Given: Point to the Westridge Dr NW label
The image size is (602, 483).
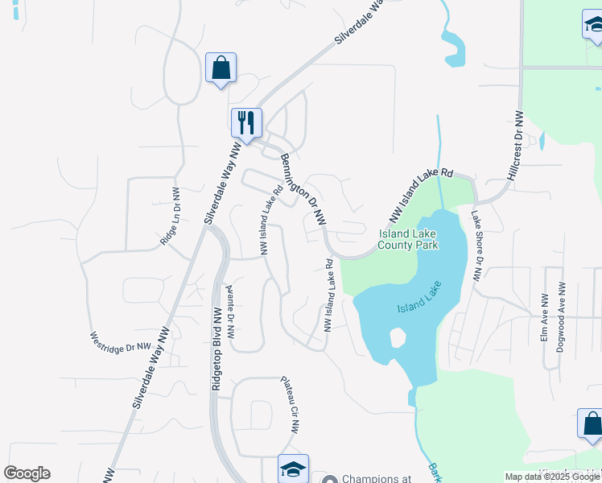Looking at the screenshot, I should [121, 341].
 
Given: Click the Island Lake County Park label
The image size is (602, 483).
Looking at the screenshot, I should [408, 239].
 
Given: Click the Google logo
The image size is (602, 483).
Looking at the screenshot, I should [27, 473].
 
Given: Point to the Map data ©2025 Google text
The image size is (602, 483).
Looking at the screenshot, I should [552, 477].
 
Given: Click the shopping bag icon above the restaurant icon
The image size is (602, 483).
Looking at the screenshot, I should [221, 68].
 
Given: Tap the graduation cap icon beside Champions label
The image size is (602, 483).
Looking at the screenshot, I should [293, 469].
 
